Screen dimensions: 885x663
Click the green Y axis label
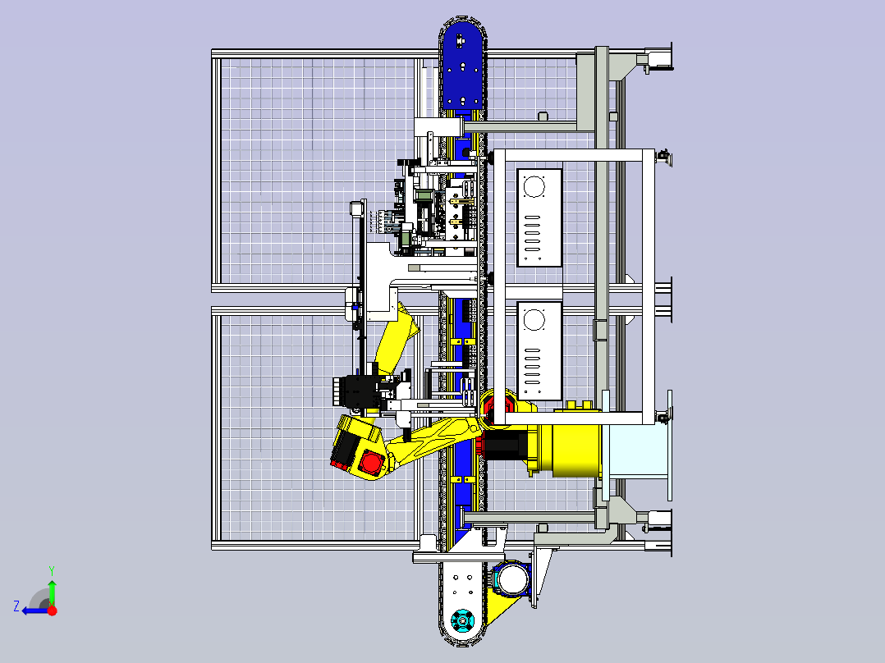52,570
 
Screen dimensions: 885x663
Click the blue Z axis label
16,606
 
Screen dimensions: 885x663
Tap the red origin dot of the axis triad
53,610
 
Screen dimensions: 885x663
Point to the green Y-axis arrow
52,592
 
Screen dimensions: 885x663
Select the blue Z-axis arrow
35,610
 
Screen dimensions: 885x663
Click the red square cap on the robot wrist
370,463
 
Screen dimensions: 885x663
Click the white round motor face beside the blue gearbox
511,580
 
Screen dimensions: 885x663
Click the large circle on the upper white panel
534,187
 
